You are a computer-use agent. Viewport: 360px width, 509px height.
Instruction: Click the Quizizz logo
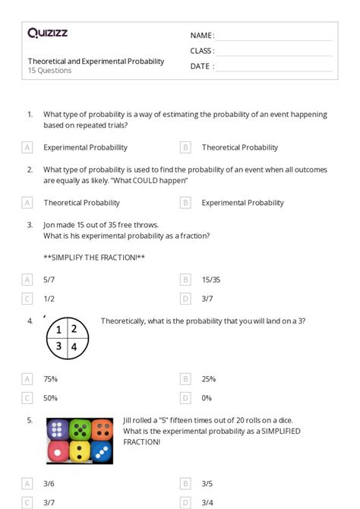coord(47,33)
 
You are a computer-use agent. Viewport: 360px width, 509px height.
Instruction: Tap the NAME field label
coord(202,36)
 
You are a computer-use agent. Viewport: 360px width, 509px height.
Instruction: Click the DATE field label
coord(202,66)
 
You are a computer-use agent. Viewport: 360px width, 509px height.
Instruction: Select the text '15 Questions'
coord(50,71)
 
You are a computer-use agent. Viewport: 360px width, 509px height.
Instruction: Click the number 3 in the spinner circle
coord(58,346)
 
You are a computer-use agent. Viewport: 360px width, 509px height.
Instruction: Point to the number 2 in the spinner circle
coord(74,329)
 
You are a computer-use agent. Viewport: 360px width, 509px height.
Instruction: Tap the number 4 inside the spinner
coord(74,346)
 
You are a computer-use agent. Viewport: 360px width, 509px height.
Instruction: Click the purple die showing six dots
coord(58,429)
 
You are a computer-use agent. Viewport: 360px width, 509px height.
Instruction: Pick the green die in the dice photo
coord(80,429)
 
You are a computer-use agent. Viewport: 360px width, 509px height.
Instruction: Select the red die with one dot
coord(58,452)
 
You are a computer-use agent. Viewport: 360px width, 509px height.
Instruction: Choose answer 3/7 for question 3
coord(207,299)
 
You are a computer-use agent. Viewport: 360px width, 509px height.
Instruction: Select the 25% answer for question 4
coord(209,378)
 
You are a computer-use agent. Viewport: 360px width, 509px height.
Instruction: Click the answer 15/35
coord(211,280)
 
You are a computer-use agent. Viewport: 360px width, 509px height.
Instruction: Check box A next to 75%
coord(27,378)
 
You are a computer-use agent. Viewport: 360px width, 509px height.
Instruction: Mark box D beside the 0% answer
coord(185,397)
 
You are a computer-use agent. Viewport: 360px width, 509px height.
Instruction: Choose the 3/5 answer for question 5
coord(207,482)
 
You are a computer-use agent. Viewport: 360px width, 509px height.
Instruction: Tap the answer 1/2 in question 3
coord(49,299)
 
